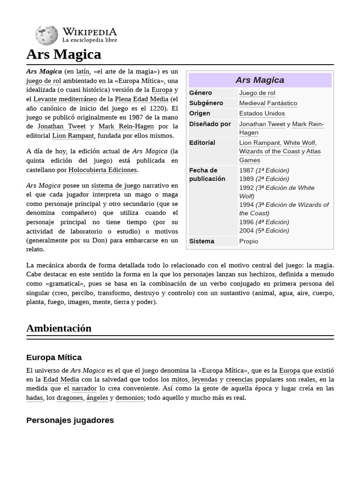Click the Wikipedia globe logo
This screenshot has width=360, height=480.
[46, 36]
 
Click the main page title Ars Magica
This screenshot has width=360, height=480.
[64, 54]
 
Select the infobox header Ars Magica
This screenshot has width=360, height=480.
[260, 80]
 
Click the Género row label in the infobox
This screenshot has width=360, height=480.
[201, 93]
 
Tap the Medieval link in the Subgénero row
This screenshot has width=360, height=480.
[252, 103]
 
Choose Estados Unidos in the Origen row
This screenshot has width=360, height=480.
[262, 113]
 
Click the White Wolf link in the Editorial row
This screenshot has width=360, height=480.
[299, 143]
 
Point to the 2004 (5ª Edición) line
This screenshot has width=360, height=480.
[264, 231]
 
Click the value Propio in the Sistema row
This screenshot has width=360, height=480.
[248, 241]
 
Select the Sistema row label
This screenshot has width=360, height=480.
[202, 241]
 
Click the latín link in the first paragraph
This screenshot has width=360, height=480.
[82, 72]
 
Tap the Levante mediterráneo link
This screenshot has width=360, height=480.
[65, 99]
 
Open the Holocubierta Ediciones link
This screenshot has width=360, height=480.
[103, 170]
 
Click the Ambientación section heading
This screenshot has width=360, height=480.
[59, 328]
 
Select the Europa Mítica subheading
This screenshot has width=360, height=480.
[54, 357]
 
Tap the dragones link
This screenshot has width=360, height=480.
[71, 397]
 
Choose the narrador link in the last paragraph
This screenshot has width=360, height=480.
[84, 388]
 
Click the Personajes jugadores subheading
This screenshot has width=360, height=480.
[70, 420]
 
